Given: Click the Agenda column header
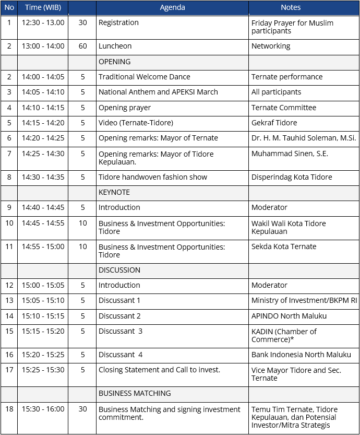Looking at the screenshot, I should tap(172, 7).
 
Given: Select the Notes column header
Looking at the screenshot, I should tap(290, 7).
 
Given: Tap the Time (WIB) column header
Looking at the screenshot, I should tap(43, 7).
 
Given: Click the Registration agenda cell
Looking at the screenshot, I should tap(118, 22).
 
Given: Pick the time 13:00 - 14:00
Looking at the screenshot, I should tap(43, 46).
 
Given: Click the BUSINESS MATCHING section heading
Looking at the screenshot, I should tap(135, 393).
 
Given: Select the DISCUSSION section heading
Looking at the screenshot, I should tap(119, 270).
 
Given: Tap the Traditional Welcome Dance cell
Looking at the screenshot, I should tap(145, 77).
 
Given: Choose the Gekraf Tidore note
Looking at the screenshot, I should tap(274, 123).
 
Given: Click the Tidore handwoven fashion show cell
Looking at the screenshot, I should tap(153, 177).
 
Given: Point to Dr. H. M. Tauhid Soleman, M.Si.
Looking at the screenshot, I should tap(303, 138).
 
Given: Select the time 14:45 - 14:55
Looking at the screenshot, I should tap(43, 223).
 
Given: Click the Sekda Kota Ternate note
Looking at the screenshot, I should tap(284, 246).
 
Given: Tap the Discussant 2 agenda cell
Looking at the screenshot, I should tap(119, 316).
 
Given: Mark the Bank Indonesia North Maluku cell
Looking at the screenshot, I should tap(301, 355).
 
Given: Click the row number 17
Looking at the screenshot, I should tap(9, 370).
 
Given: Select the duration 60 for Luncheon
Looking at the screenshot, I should tap(82, 46).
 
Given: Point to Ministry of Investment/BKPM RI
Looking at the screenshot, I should tap(304, 300).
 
